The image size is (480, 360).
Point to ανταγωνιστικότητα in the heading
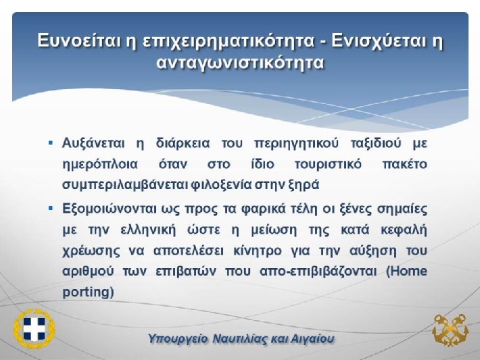(240, 63)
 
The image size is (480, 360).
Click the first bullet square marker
(51, 143)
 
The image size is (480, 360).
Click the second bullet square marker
(51, 209)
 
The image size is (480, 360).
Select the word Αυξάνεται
(93, 143)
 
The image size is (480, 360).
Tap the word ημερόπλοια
(100, 165)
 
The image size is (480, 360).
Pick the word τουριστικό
(328, 164)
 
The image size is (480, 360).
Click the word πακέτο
(405, 164)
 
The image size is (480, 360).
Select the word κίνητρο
(257, 251)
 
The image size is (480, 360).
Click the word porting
(88, 292)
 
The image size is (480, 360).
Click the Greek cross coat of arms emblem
(34, 328)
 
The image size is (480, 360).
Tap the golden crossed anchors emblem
(450, 330)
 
